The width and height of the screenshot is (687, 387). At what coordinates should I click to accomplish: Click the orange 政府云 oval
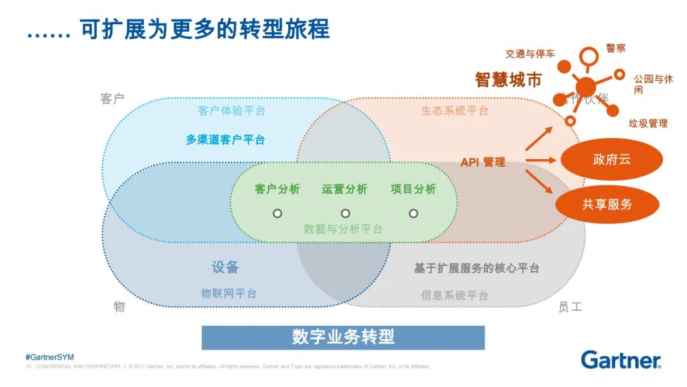tap(611, 159)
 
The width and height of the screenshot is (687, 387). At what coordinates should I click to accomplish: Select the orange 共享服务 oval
tap(607, 204)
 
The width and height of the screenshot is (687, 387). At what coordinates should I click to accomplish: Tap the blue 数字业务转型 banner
tap(343, 337)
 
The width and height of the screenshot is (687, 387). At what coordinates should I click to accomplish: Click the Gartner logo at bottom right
tap(620, 360)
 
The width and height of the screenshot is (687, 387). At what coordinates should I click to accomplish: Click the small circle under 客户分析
tap(277, 213)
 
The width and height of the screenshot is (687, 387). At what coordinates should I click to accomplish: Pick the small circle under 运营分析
tap(345, 213)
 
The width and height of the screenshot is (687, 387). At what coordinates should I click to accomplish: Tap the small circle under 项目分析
tap(413, 213)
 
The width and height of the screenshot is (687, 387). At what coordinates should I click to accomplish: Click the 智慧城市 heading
tap(508, 80)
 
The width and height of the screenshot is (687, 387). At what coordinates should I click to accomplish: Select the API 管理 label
tap(483, 162)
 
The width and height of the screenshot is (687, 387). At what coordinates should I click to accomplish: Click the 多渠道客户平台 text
tap(225, 139)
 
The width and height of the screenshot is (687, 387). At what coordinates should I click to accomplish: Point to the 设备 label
tap(225, 267)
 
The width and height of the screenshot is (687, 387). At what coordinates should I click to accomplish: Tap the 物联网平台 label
tap(229, 293)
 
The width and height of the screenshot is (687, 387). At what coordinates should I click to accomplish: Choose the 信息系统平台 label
tap(454, 295)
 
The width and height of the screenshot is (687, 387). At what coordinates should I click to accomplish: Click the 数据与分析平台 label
tap(343, 229)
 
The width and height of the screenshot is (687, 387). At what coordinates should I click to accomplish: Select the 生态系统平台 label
tap(454, 111)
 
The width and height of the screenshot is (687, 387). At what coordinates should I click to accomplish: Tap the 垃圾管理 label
tap(648, 123)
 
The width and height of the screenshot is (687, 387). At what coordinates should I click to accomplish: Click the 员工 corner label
tap(570, 307)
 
